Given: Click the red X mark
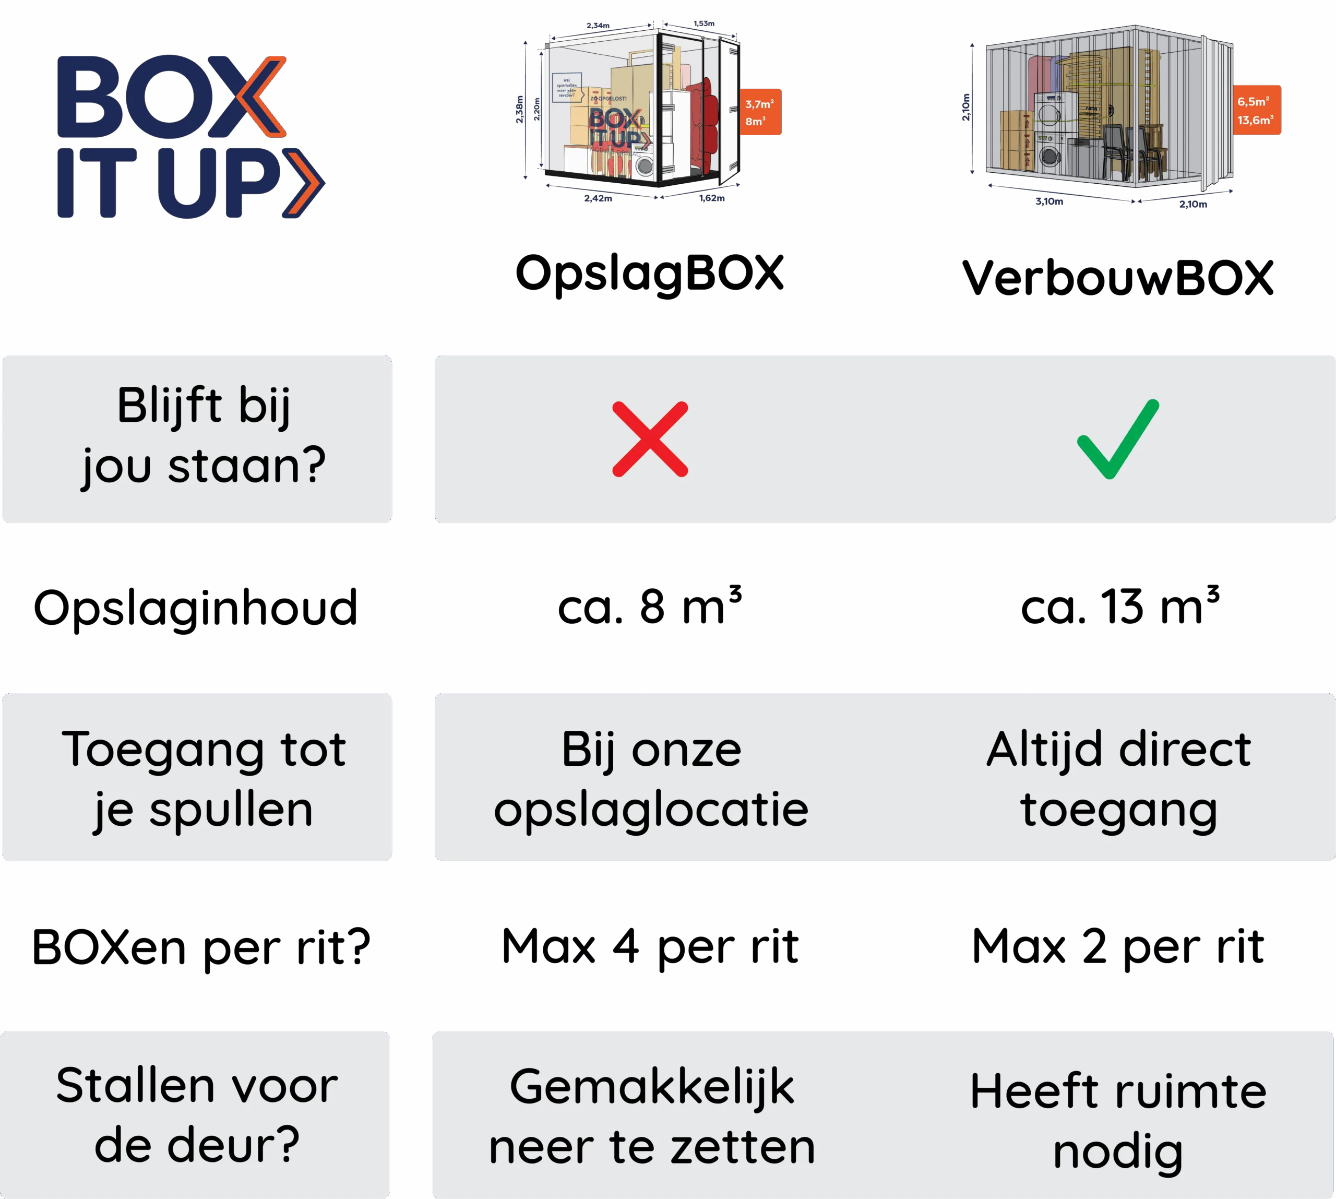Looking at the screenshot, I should pos(650,439).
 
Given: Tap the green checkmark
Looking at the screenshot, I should pos(1118,439).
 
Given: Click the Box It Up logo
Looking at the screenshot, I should pos(189,136).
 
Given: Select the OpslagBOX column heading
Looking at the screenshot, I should pos(650,274).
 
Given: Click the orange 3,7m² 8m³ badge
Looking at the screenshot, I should pos(759,112).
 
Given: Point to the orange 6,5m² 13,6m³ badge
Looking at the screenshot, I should pos(1256,110).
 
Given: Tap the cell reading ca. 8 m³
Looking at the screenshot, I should pos(650,607).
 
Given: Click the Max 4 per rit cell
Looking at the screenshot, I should pos(650,947).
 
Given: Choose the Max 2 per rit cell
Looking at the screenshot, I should pos(1118,947).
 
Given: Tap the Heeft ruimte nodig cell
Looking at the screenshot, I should pos(1118,1121).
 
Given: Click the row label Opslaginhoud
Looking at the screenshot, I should pos(196,608).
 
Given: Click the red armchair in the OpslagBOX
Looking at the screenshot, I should pos(703,125).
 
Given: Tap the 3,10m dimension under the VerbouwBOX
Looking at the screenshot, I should pos(1049,201).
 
